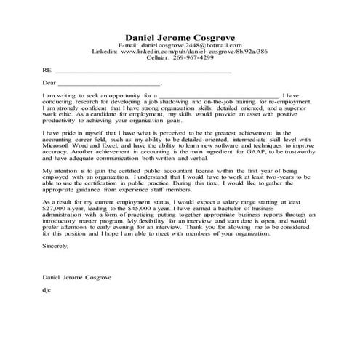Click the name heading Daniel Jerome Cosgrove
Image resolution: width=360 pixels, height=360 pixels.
(180, 36)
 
